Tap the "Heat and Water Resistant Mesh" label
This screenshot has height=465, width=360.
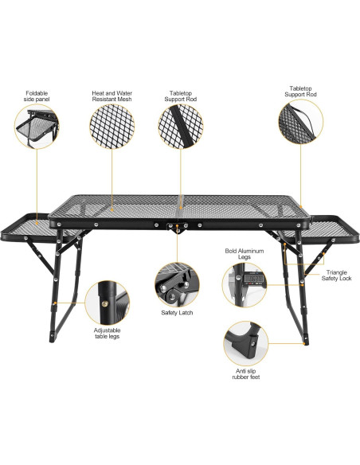pyautogui.click(x=112, y=96)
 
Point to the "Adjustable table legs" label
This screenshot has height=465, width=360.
pyautogui.click(x=108, y=334)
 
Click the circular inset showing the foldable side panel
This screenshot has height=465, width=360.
pyautogui.click(x=36, y=128)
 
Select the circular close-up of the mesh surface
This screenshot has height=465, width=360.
pyautogui.click(x=112, y=128)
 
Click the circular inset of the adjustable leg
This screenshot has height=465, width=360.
pyautogui.click(x=108, y=301)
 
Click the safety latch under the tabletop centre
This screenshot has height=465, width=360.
pyautogui.click(x=178, y=229)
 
